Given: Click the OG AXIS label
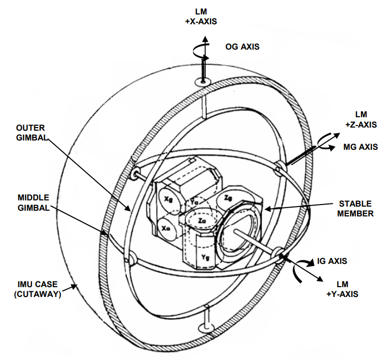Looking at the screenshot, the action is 242,46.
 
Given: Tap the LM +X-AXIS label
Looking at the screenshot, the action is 201,17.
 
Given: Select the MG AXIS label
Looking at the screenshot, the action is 361,147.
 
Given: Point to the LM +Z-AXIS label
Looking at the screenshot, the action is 361,119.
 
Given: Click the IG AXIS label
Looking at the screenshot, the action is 332,261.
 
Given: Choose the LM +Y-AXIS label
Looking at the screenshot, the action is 342,289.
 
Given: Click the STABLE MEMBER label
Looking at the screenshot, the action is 355,209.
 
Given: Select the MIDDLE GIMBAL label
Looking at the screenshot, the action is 34,202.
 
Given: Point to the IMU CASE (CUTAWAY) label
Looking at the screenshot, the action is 38,289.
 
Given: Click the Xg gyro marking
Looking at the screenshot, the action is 168,199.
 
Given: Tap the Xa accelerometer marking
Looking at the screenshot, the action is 166,228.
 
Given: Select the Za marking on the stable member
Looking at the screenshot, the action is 202,221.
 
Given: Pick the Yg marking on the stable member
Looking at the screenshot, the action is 205,257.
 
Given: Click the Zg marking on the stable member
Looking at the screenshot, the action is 228,198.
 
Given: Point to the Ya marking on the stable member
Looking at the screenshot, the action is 194,201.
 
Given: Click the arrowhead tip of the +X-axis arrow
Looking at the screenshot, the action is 205,36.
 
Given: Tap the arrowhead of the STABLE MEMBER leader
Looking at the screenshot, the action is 264,209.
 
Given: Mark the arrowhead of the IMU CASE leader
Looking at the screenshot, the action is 76,285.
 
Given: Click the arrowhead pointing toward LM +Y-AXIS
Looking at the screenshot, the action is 323,281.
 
